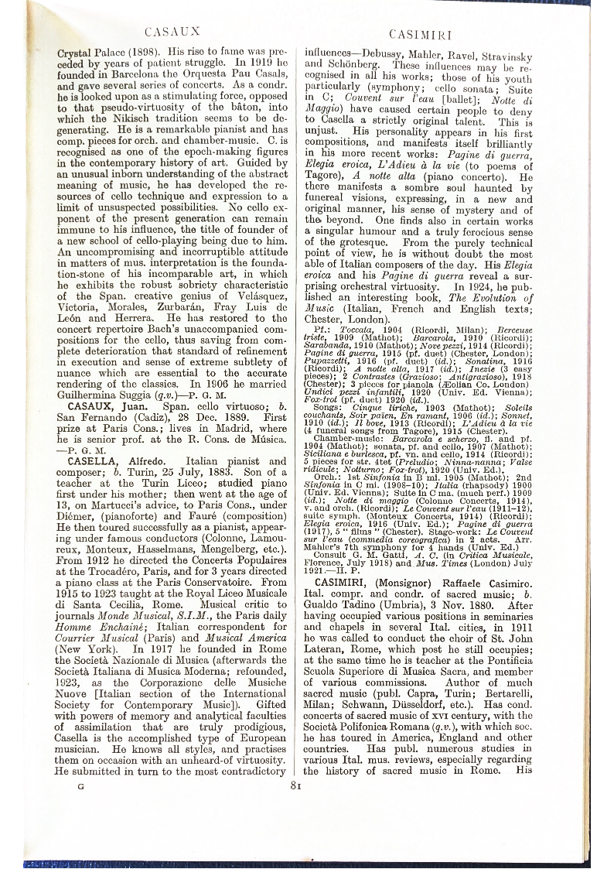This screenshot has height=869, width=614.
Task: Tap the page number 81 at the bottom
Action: click(x=295, y=786)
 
